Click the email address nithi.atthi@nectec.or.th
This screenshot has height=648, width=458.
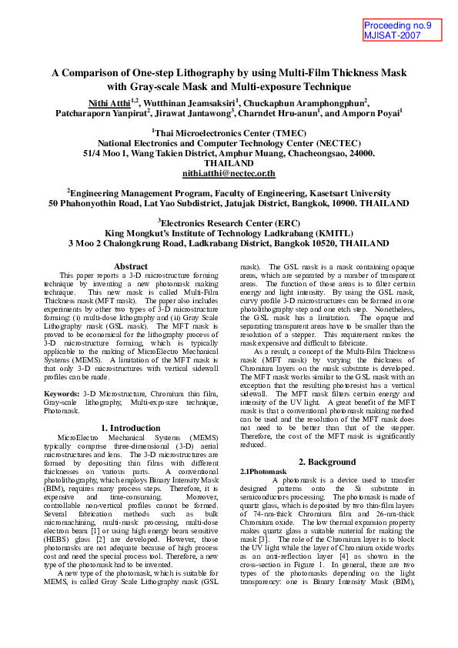(x=229, y=174)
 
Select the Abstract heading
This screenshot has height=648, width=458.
(x=130, y=266)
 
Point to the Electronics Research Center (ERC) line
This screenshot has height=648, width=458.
(x=229, y=222)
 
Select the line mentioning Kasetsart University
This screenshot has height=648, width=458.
(x=229, y=194)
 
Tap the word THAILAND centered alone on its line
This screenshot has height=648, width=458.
(x=229, y=163)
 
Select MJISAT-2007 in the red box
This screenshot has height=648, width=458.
(x=393, y=35)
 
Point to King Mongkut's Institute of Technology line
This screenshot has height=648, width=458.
(x=229, y=232)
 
